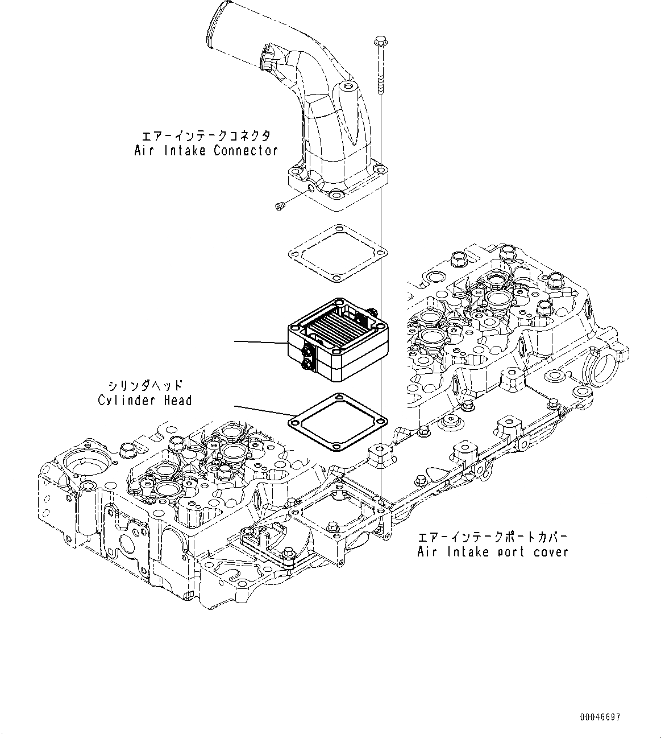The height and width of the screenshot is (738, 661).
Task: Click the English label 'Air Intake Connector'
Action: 206,151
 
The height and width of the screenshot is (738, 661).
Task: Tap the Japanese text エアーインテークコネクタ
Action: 206,136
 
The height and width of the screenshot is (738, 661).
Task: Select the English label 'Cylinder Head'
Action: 144,400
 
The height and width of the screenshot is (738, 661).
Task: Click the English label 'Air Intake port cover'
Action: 493,551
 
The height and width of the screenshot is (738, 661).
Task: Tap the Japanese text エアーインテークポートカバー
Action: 493,537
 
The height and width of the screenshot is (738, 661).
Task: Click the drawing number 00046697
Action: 601,718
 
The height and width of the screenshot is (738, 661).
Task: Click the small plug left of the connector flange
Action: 279,207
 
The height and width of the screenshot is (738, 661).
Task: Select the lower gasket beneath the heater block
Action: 338,422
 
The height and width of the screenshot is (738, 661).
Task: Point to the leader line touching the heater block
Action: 261,342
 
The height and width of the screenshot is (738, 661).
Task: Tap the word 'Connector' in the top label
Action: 246,151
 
